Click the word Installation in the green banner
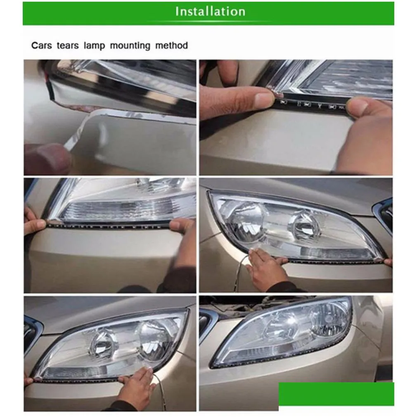point(210,12)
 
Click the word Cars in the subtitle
point(41,45)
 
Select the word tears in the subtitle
point(67,45)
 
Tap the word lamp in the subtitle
point(94,45)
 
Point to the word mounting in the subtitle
point(130,45)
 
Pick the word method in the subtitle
point(171,45)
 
